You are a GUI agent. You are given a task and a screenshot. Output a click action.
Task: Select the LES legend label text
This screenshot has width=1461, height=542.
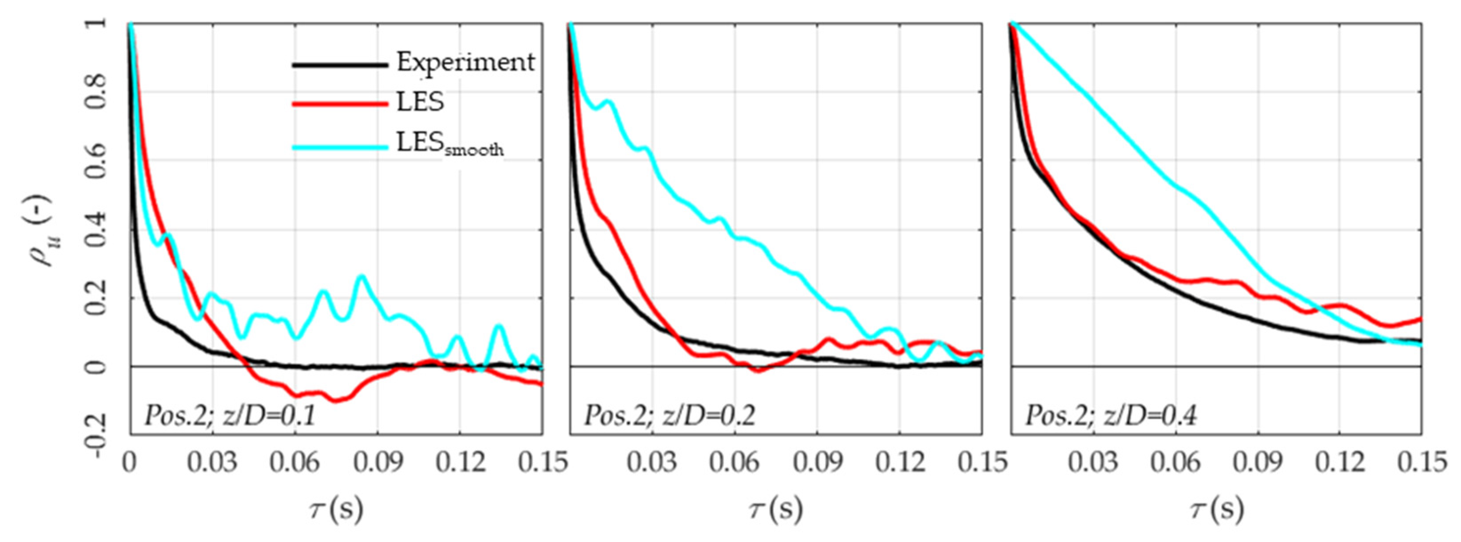(x=420, y=103)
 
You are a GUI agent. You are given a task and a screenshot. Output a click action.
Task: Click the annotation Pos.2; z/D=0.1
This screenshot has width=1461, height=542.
(x=230, y=416)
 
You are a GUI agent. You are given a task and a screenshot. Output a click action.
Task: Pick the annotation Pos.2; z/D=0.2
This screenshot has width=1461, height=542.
(x=670, y=416)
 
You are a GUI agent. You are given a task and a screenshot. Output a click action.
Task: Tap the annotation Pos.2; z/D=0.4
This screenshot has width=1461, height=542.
(x=1111, y=416)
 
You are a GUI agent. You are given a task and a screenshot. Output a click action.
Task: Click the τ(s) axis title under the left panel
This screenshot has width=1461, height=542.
(x=336, y=509)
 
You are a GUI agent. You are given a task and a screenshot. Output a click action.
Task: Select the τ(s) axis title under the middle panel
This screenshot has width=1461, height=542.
(x=776, y=509)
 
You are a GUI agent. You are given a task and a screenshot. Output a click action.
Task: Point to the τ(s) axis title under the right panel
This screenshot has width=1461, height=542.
(x=1217, y=509)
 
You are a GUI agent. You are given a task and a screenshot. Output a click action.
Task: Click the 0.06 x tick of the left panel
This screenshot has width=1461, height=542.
(x=294, y=462)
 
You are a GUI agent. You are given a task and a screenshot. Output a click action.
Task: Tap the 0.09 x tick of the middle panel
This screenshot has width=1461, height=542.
(x=817, y=462)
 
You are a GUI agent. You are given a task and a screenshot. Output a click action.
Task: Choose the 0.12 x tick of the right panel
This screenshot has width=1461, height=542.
(x=1340, y=462)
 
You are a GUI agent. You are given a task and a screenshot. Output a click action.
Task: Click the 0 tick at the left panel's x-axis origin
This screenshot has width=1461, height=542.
(x=130, y=462)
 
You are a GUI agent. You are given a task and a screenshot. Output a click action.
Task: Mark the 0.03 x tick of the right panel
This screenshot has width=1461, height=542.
(x=1093, y=462)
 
